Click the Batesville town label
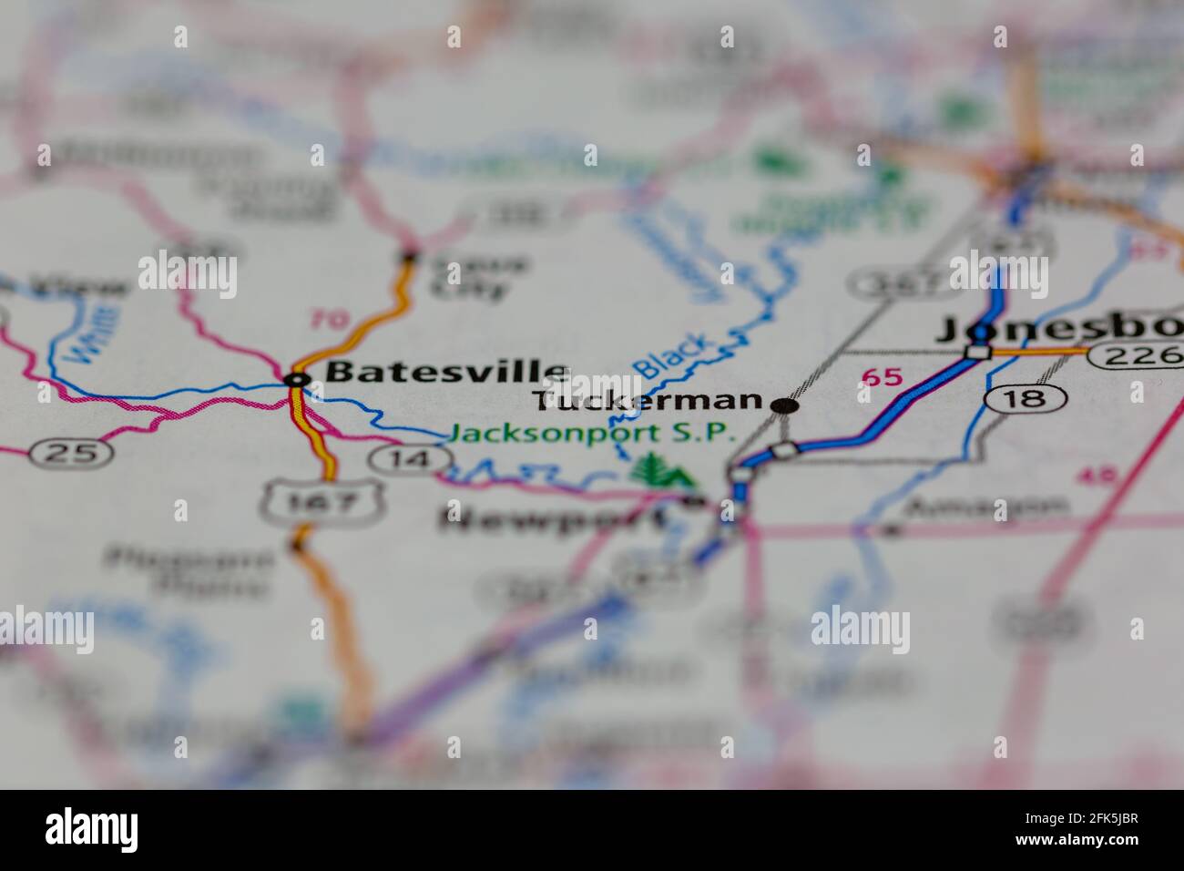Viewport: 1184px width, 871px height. [446, 372]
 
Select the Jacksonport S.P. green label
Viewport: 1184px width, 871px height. [592, 434]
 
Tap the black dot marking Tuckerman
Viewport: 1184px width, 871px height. [784, 405]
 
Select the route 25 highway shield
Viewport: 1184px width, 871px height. [70, 452]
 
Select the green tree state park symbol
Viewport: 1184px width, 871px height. [661, 472]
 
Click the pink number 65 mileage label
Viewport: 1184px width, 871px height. [880, 376]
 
